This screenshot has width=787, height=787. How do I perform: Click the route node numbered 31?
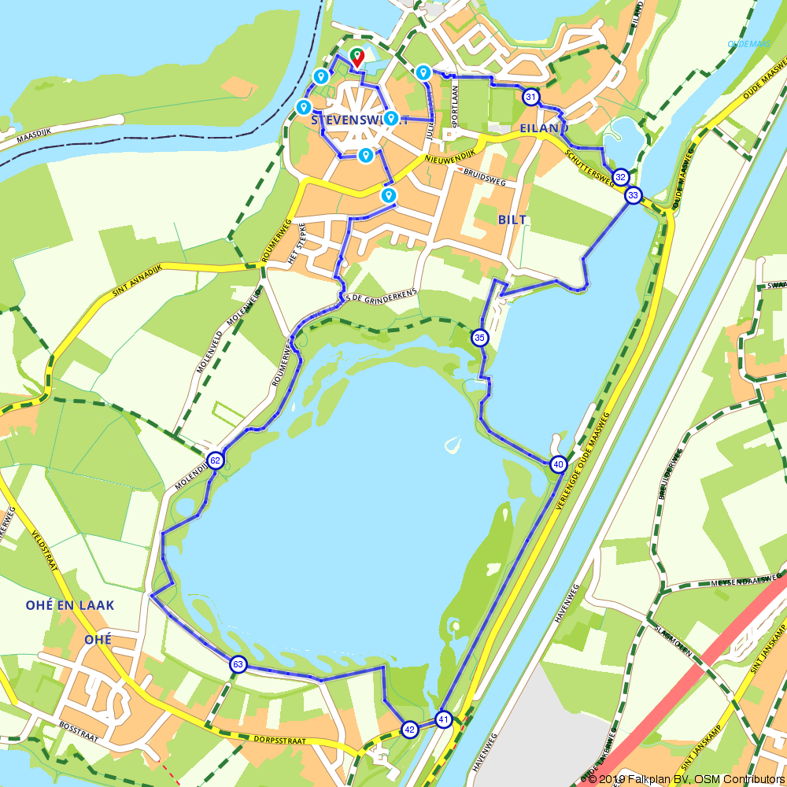click(x=531, y=98)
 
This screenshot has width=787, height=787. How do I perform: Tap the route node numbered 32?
click(x=620, y=177)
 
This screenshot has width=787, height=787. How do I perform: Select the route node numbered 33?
click(x=634, y=195)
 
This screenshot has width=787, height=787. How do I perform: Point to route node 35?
click(x=480, y=338)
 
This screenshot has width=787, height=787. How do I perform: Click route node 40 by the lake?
click(x=558, y=464)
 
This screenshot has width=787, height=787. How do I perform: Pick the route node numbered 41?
click(x=444, y=719)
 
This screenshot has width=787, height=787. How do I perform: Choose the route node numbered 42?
click(x=409, y=730)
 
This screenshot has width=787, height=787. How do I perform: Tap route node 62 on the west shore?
click(x=215, y=460)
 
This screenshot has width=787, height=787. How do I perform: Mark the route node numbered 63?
click(x=238, y=665)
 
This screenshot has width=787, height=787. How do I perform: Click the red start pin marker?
click(x=357, y=57)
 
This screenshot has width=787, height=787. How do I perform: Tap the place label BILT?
click(x=512, y=220)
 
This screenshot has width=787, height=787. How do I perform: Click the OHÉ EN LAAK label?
click(x=70, y=605)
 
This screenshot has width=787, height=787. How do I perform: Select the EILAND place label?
click(x=544, y=127)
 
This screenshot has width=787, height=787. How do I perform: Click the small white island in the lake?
click(x=453, y=445)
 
